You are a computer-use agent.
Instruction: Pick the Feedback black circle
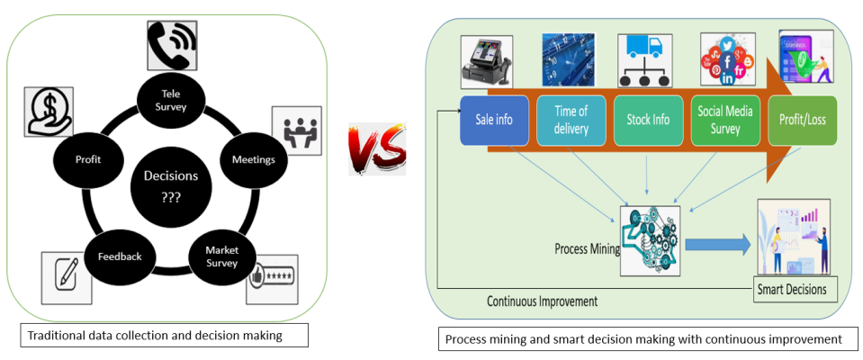pos(120,256)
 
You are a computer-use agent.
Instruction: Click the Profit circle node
pos(88,160)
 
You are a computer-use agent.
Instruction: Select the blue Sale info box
pos(493,119)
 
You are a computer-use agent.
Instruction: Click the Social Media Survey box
pos(725,119)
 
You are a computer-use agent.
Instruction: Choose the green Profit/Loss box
pos(802,119)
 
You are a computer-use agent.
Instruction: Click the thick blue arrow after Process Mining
pos(715,244)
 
